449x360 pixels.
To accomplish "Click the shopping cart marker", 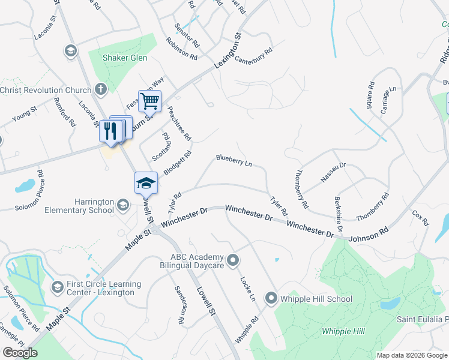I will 149,100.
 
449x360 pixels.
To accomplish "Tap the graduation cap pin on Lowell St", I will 146,183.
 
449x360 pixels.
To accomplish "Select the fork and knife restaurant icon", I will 110,130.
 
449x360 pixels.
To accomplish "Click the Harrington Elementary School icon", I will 123,206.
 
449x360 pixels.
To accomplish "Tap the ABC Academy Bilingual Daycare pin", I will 234,260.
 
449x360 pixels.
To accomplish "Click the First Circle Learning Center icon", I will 57,287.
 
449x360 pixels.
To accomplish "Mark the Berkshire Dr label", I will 337,214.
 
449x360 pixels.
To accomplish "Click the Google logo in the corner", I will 20,353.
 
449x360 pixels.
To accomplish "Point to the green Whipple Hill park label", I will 343,331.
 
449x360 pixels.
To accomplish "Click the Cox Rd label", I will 420,218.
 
